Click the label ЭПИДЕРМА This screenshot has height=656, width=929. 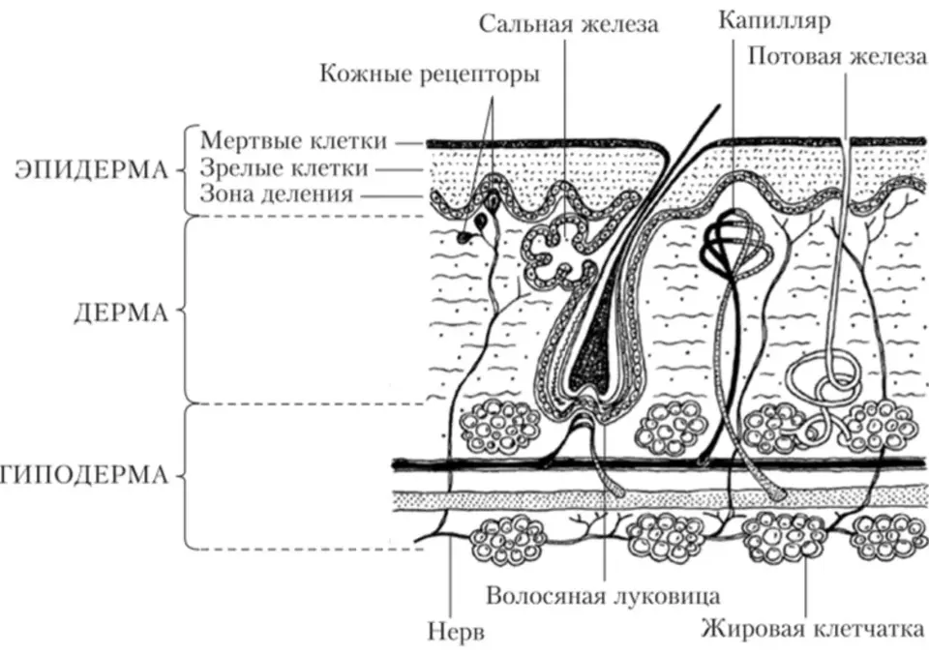click(x=92, y=170)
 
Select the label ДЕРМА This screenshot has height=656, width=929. click(x=121, y=313)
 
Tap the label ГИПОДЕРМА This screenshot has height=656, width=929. click(x=84, y=476)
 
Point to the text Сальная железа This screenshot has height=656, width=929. click(x=569, y=25)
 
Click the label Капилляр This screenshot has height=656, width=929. click(x=774, y=20)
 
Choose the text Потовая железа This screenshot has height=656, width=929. click(x=836, y=57)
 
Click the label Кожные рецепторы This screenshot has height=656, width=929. click(x=430, y=75)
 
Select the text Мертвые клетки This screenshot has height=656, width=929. click(x=293, y=141)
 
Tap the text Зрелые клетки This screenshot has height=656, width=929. click(x=284, y=168)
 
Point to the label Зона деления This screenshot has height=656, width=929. click(x=276, y=194)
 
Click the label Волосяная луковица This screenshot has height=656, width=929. click(x=603, y=596)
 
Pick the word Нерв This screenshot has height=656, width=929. click(x=456, y=632)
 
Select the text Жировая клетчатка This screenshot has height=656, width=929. click(x=813, y=629)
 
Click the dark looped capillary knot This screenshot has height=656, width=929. click(x=734, y=244)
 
